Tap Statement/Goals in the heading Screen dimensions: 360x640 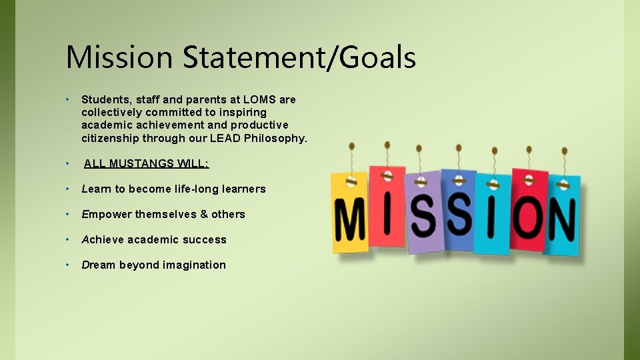[299, 57]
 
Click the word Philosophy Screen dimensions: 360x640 [275, 138]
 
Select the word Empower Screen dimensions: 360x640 [106, 214]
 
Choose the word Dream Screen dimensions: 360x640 [98, 265]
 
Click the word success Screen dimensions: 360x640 [205, 239]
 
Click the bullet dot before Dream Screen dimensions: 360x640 [69, 265]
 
